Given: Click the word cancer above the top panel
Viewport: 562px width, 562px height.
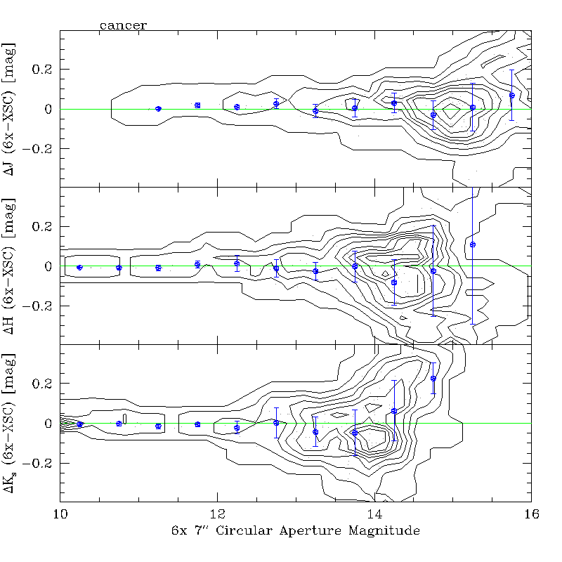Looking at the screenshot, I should click(123, 25).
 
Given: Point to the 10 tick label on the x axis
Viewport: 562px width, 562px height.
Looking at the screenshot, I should click(60, 514).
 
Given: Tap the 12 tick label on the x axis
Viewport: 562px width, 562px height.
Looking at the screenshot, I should click(217, 514).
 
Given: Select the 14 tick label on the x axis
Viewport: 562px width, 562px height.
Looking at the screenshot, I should click(374, 514).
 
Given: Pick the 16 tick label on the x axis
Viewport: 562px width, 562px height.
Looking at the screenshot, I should click(531, 514).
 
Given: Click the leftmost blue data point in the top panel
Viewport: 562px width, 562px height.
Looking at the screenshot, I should click(158, 108).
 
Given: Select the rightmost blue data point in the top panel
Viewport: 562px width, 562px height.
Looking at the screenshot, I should click(512, 96).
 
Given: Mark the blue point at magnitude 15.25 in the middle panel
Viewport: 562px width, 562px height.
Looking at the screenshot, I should click(473, 244).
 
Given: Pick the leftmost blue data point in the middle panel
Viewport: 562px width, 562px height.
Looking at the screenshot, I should click(79, 267).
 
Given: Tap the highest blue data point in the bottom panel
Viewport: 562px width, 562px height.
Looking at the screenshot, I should click(433, 379).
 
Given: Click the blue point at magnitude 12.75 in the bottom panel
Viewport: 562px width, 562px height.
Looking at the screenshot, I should click(276, 422).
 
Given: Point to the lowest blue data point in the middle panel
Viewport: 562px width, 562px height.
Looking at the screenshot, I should click(394, 282).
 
